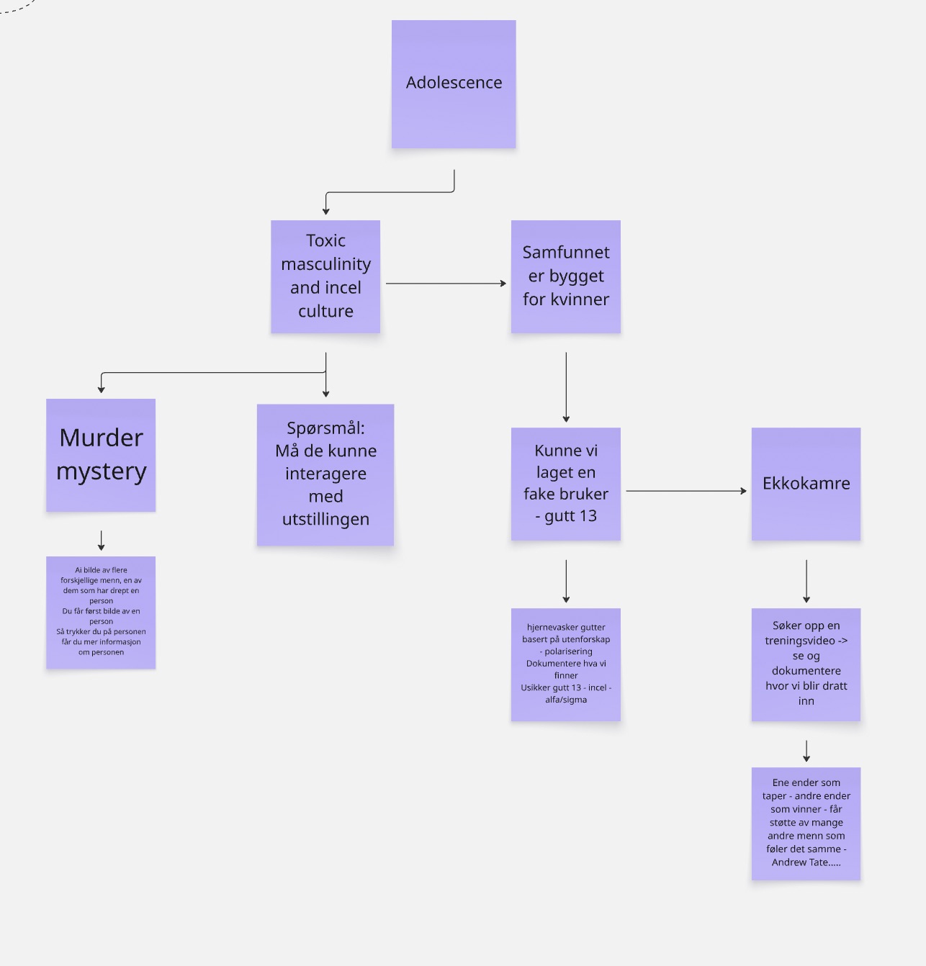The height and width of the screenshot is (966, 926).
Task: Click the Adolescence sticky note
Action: (454, 84)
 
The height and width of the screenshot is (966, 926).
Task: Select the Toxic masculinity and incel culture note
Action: (325, 276)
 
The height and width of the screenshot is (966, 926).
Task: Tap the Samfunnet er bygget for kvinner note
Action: (566, 276)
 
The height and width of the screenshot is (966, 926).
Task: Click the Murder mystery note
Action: (101, 455)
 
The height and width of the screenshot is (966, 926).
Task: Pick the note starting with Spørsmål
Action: (325, 474)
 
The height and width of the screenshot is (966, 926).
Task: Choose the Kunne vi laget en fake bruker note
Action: (566, 484)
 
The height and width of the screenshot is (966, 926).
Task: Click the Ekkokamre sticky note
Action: (806, 484)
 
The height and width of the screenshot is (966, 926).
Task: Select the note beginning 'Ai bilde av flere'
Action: (101, 613)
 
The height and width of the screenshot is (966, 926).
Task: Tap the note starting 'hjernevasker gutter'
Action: (566, 664)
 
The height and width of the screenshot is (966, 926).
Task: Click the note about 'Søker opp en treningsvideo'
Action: (806, 664)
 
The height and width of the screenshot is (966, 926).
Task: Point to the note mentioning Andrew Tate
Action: (806, 823)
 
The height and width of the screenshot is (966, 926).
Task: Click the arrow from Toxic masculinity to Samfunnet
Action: (446, 284)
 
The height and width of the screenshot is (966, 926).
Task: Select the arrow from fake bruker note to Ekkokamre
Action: (685, 491)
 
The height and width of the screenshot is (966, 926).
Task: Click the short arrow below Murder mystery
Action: (102, 541)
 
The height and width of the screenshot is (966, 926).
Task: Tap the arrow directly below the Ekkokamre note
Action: (806, 581)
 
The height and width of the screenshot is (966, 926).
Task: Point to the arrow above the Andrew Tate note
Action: (806, 751)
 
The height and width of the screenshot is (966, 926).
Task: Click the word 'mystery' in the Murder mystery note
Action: (102, 472)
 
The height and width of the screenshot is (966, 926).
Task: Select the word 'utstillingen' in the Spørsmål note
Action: (325, 520)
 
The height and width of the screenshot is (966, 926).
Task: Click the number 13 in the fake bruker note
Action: (588, 516)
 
